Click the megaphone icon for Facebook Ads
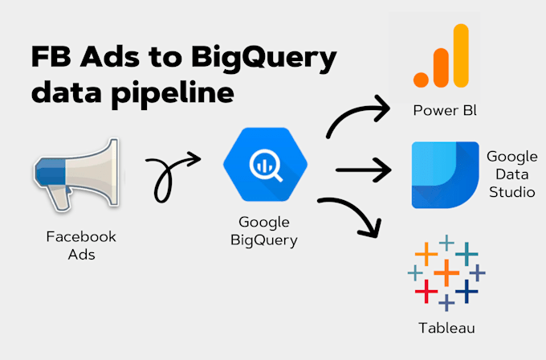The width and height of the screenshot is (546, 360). [76, 174]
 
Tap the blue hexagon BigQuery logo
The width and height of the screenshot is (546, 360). [265, 165]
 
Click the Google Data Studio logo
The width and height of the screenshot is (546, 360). [445, 175]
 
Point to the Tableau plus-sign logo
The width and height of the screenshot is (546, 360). [446, 273]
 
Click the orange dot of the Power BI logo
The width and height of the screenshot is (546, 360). [421, 80]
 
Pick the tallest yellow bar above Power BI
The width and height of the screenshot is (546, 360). [461, 55]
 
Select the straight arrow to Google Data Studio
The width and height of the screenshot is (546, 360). [364, 170]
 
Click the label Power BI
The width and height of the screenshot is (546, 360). [445, 110]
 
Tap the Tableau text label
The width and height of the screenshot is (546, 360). [446, 328]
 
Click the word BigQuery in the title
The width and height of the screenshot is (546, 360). [264, 58]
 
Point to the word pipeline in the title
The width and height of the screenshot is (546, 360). [173, 92]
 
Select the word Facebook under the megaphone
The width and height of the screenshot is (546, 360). [81, 236]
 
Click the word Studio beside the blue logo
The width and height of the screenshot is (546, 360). [512, 192]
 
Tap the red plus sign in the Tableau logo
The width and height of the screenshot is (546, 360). [426, 291]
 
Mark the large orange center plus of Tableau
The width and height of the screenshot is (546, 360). [446, 273]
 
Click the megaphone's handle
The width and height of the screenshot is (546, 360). [60, 198]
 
